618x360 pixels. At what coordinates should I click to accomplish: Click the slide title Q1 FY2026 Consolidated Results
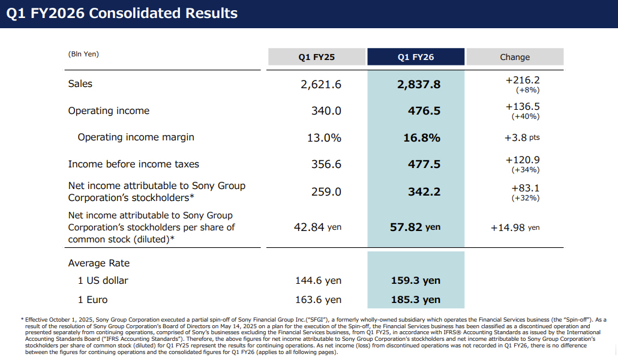tap(122, 13)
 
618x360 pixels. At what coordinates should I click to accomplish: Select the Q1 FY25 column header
tap(316, 57)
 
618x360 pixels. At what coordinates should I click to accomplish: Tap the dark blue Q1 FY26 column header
tap(416, 57)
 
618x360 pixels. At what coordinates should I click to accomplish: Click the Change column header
tap(515, 57)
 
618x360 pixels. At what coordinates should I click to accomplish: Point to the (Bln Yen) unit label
tap(83, 54)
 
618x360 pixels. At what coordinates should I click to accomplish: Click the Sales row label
tap(80, 83)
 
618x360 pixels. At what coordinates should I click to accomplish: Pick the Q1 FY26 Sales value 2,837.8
tap(419, 85)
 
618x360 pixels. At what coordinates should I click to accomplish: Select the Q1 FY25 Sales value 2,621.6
tap(321, 85)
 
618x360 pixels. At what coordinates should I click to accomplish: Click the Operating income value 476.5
tap(424, 111)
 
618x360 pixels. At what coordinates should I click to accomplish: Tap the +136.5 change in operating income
tap(523, 106)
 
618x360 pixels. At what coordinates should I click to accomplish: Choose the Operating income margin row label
tap(136, 137)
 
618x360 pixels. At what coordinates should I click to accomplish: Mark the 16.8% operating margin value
tap(422, 137)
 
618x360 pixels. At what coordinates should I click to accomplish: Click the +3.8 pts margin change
tap(522, 137)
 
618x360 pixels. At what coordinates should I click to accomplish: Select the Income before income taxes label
tap(134, 164)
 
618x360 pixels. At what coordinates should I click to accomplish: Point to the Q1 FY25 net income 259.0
tap(326, 191)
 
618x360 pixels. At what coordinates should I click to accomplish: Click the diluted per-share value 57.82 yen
tap(415, 227)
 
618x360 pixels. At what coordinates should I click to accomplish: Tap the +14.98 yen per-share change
tap(515, 228)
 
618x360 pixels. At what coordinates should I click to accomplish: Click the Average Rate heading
tap(99, 263)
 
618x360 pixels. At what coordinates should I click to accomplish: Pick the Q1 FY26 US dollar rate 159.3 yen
tap(415, 280)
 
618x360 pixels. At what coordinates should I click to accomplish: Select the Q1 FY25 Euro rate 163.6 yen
tap(318, 299)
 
